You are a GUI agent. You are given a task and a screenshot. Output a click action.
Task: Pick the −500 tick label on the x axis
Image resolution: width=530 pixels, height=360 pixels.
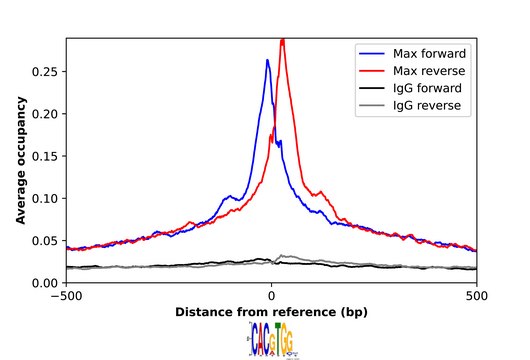click(x=66, y=296)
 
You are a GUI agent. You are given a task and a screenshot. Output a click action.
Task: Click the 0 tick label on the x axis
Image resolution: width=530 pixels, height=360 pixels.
click(x=271, y=296)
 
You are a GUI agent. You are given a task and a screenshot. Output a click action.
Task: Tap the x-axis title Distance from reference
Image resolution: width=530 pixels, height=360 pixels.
click(x=271, y=312)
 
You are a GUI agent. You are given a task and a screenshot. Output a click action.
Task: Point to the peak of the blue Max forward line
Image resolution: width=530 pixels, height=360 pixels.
click(x=267, y=60)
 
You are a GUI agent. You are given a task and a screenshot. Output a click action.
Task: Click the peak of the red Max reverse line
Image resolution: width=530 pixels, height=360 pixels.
click(x=283, y=41)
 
